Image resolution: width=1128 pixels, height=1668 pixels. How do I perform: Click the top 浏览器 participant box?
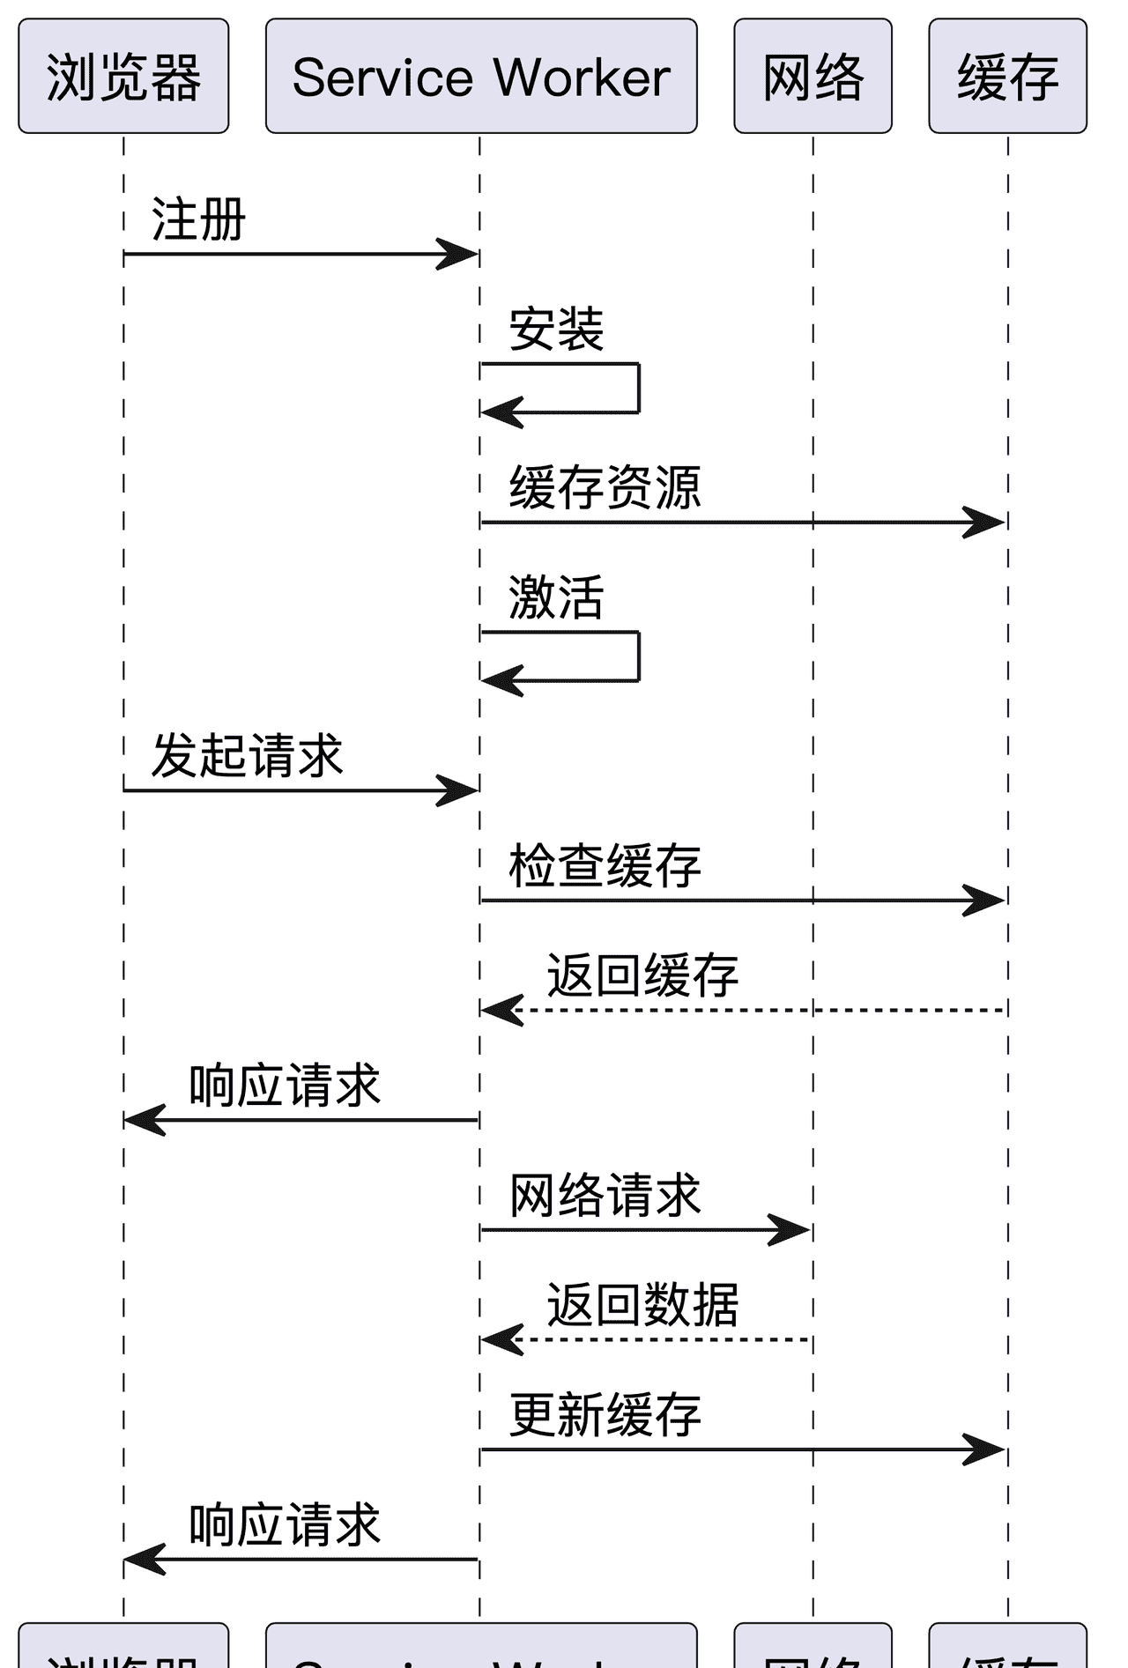[x=123, y=77]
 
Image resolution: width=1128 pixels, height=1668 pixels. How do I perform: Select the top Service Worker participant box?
[x=481, y=77]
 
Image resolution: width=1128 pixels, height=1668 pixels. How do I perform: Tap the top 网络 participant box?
[x=813, y=77]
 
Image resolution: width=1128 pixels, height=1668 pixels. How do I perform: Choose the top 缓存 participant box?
[x=1007, y=77]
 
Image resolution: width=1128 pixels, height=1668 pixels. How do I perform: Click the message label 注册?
[x=198, y=219]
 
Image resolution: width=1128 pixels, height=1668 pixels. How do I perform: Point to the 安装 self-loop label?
[x=556, y=330]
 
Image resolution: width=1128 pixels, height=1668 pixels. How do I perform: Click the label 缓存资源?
[x=605, y=488]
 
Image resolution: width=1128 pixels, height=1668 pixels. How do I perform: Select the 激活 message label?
[x=556, y=597]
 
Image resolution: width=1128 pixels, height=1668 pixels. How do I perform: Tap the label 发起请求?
[x=247, y=756]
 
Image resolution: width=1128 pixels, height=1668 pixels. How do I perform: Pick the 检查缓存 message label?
[x=605, y=866]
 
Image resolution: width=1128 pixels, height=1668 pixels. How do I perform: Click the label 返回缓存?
[x=642, y=975]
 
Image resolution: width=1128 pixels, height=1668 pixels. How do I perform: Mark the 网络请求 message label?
[x=605, y=1196]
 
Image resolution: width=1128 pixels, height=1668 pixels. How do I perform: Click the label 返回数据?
[x=642, y=1305]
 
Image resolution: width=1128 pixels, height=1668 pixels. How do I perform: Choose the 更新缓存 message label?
[x=605, y=1415]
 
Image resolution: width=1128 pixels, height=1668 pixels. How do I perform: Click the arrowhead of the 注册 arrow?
[x=460, y=255]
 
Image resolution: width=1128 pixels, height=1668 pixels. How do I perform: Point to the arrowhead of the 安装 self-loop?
[x=499, y=411]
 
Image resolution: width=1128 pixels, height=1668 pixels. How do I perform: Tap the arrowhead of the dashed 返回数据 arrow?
[x=499, y=1339]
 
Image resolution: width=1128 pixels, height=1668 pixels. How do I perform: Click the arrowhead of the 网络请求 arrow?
[x=791, y=1229]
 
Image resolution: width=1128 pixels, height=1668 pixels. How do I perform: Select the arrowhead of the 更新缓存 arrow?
[x=986, y=1449]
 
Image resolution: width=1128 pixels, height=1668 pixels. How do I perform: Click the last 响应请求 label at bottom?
[x=285, y=1525]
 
